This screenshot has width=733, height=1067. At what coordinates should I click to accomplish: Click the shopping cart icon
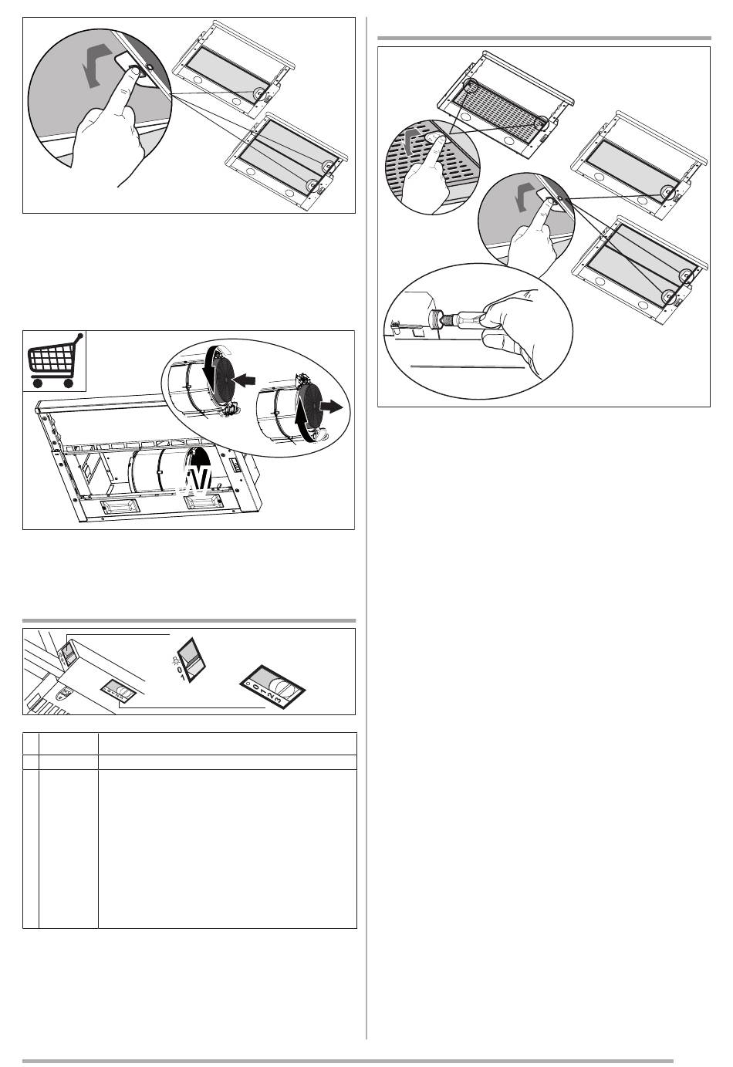point(55,360)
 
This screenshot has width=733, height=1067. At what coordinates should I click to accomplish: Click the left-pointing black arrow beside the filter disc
point(245,380)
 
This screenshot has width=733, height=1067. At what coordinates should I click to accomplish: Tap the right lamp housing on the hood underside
point(202,501)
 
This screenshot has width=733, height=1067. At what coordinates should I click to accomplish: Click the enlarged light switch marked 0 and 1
point(191,659)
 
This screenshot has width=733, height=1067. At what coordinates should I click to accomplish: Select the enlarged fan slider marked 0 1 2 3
point(272,687)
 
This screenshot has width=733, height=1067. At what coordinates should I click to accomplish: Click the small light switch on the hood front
point(66,650)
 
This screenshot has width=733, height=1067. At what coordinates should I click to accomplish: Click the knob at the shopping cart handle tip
point(80,336)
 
